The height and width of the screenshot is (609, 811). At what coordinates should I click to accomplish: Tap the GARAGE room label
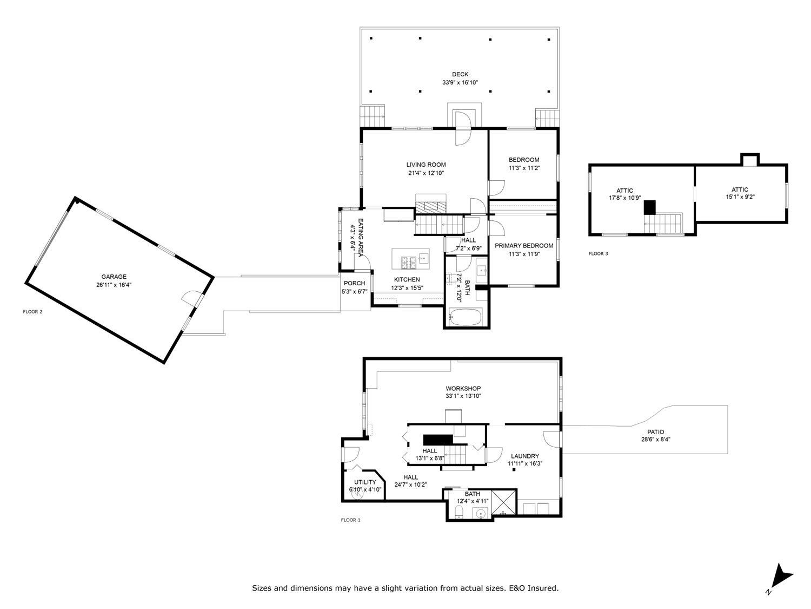point(114,277)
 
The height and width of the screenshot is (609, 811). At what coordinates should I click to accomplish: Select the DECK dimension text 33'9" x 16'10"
point(460,83)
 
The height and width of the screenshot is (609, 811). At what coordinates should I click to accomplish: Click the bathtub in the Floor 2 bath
point(466,317)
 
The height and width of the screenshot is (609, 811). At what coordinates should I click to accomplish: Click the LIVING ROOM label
point(426,165)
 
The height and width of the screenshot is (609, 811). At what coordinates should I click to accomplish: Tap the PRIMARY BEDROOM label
point(524,246)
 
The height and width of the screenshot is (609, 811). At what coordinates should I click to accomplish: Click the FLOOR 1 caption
point(350,520)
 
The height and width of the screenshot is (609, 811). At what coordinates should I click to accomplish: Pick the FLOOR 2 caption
point(32,311)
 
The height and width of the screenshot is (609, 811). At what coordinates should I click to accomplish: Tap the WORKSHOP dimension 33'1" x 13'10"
point(463,396)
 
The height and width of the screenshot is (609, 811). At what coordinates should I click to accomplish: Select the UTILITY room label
point(365,482)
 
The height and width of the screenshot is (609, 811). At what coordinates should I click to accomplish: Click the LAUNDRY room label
point(524,456)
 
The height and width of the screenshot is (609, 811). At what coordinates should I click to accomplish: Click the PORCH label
point(354,283)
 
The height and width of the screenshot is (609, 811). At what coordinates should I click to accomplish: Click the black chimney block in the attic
point(649,207)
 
